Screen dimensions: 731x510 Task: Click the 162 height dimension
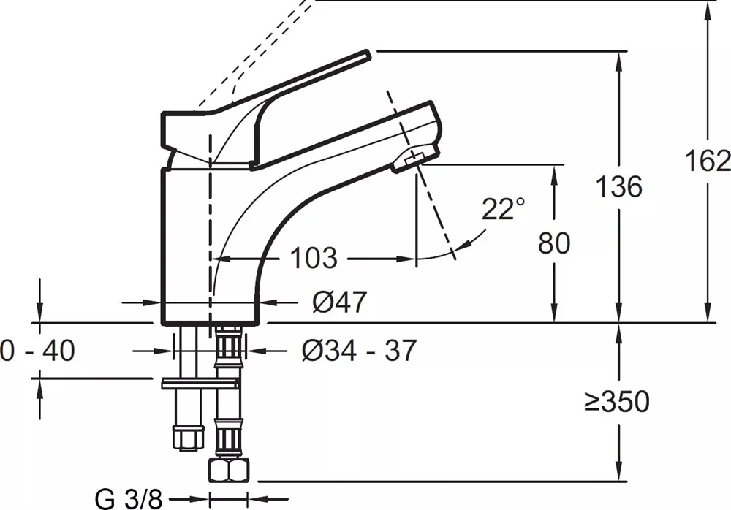[707, 161]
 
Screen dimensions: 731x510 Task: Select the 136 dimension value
[619, 186]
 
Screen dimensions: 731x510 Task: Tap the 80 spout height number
[554, 243]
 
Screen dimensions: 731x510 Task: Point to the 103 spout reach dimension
[314, 258]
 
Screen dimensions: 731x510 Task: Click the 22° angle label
[503, 208]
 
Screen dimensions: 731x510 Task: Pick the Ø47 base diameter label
[339, 302]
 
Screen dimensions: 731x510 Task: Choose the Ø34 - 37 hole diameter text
[358, 351]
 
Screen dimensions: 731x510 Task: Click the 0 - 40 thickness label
[37, 350]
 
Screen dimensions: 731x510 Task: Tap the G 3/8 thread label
[129, 500]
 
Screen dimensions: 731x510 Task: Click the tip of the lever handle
[368, 54]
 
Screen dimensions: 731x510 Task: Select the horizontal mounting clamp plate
[200, 384]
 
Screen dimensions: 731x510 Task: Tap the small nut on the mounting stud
[189, 437]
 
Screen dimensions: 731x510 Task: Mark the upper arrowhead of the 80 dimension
[554, 175]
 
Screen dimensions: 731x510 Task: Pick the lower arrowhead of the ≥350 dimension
[619, 470]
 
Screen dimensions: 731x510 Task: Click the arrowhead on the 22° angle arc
[462, 246]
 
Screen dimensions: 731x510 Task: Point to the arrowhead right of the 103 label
[406, 258]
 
